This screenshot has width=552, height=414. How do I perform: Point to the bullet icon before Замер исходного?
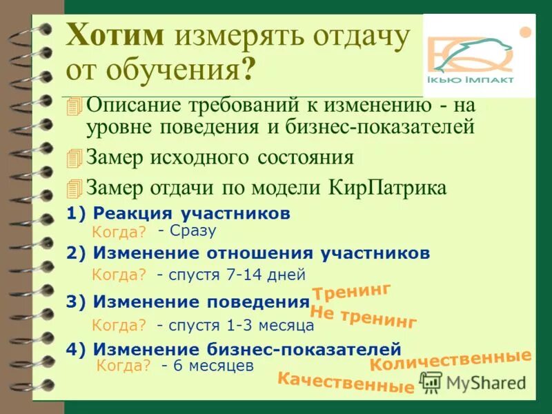coord(75,158)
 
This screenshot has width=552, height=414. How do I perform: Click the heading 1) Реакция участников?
coord(178,213)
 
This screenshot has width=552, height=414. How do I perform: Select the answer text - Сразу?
coord(187,230)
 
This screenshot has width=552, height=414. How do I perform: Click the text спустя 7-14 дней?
coord(231,275)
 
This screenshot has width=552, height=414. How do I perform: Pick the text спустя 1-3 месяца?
coord(235,325)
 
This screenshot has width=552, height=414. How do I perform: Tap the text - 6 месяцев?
coord(208,366)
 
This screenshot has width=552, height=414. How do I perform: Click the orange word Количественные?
coord(451,360)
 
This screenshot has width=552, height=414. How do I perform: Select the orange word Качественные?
coord(346,382)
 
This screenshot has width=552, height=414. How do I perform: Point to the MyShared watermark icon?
coord(431,382)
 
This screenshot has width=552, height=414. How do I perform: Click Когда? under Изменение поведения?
coord(119,325)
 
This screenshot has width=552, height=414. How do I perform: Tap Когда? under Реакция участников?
coord(119,233)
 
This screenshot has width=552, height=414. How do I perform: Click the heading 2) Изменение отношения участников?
coord(248,253)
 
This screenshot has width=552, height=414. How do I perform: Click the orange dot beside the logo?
coord(525,31)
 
